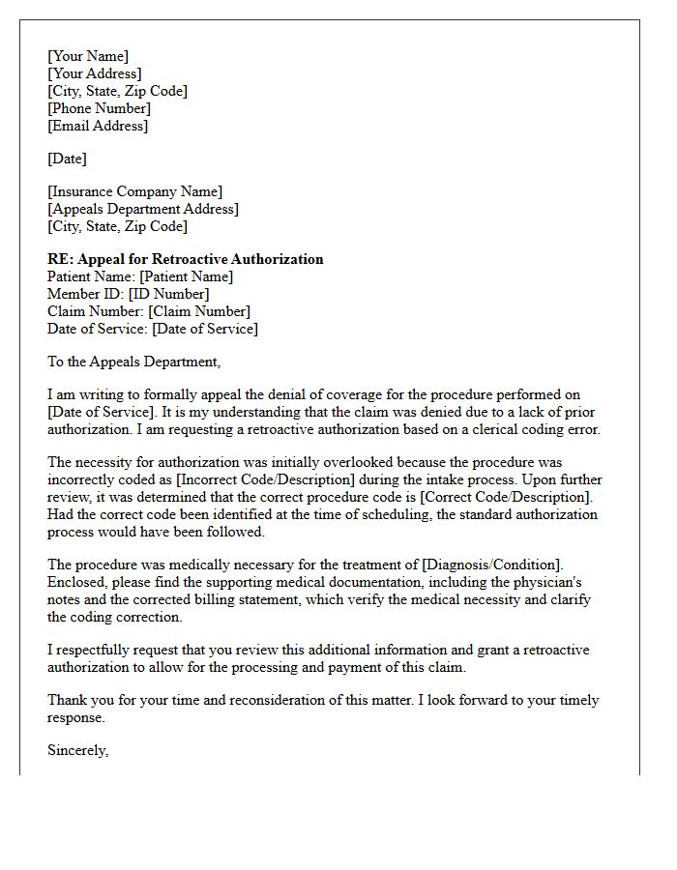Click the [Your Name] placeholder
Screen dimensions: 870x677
(88, 56)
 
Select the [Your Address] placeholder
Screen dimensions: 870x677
(95, 73)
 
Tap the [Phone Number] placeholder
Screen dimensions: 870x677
(100, 108)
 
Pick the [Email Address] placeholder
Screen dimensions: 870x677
(99, 126)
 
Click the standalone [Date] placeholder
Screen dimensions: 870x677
(68, 159)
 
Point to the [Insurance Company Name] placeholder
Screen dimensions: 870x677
(135, 191)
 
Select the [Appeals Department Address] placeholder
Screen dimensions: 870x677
(143, 209)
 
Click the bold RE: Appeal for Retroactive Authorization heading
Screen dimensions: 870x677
(186, 259)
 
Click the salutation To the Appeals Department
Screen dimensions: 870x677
(134, 362)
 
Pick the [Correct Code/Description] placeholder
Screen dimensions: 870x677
(510, 498)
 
